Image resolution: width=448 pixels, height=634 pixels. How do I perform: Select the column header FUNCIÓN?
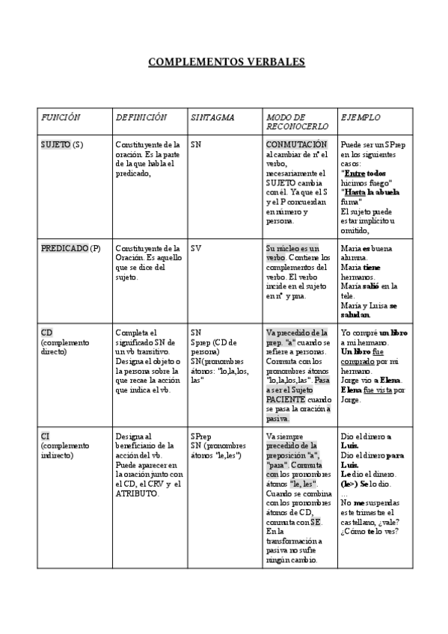61,118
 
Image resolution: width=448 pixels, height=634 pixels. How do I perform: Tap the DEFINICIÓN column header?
141,118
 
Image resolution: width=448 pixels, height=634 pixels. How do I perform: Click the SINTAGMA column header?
212,118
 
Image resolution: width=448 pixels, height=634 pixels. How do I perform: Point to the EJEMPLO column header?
360,118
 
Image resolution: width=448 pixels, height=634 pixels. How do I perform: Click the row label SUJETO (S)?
62,144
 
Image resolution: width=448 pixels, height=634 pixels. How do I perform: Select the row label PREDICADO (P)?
70,248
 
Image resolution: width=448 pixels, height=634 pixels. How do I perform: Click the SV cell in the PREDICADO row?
196,248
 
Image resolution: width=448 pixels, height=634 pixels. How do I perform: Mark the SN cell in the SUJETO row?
196,144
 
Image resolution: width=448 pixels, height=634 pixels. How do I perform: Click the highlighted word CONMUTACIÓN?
296,144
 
